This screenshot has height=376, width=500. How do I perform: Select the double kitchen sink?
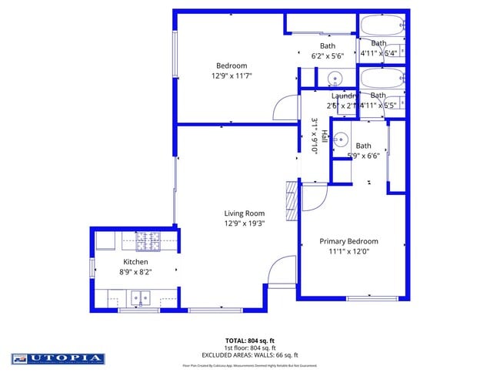point(140,297)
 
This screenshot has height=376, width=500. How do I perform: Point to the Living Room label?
point(244,213)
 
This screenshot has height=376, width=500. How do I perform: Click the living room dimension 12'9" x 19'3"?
point(244,224)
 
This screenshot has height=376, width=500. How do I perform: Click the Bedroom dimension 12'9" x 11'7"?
point(232,76)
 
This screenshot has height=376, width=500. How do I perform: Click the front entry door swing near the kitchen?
point(282,270)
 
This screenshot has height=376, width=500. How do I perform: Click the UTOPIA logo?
point(58,358)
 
